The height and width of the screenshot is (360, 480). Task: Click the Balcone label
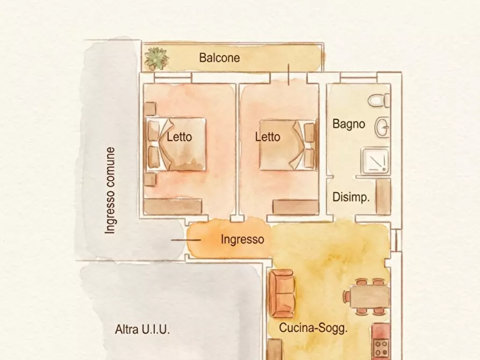coord(219,57)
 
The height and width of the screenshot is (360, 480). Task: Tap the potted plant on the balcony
coord(156,58)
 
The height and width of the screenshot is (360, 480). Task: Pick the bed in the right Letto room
coord(286,145)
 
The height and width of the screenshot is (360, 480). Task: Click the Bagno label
coord(349,124)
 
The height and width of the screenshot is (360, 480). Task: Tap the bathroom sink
coord(383,127)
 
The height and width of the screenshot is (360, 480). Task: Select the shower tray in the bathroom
coord(375,161)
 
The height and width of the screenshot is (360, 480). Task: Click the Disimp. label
coord(351,197)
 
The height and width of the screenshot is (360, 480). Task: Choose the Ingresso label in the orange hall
coord(242,240)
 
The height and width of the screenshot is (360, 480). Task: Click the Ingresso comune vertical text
coord(110,190)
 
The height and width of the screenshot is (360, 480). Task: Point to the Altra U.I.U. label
coord(142,329)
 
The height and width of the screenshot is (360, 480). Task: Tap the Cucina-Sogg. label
coord(313,328)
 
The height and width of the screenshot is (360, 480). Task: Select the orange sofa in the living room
coord(281,294)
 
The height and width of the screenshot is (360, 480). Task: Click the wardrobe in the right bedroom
coord(296,207)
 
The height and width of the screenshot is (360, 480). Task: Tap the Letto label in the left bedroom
coord(179,137)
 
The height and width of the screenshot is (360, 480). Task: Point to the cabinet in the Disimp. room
coord(383,197)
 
